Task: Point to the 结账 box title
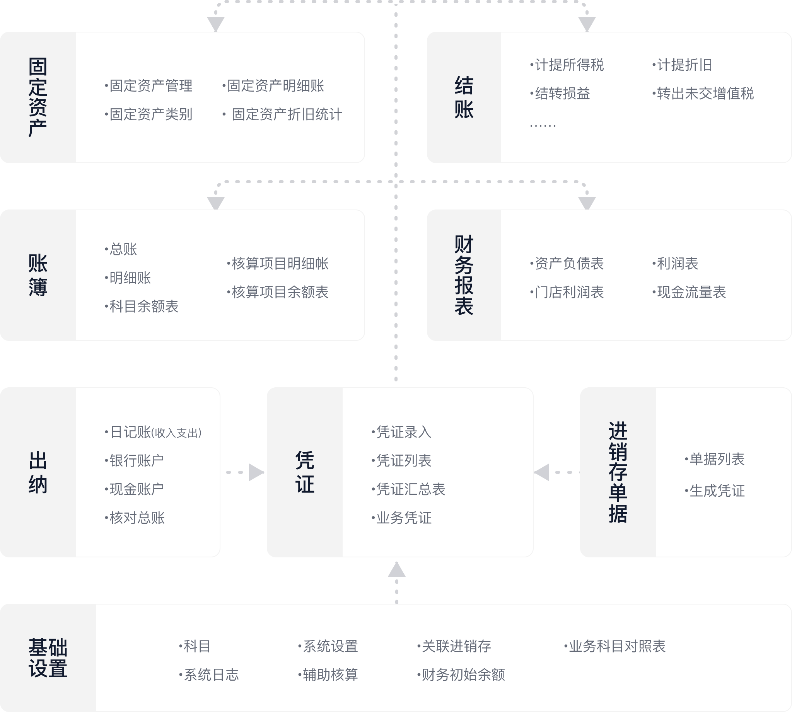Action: coord(464,97)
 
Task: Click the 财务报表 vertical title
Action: coord(464,275)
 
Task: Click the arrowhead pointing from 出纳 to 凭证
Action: coord(256,472)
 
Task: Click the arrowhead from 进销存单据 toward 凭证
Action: coord(542,472)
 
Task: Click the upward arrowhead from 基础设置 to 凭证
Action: coord(396,570)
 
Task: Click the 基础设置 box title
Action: coord(48,657)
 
